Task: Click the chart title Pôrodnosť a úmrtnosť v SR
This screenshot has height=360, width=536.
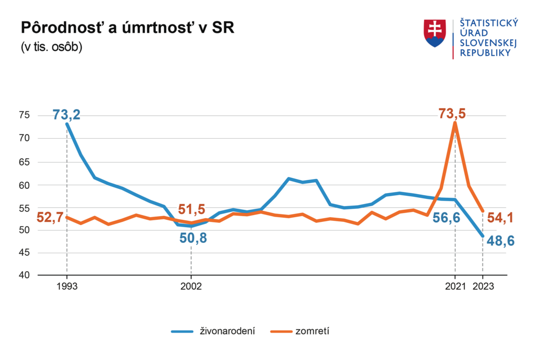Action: click(127, 28)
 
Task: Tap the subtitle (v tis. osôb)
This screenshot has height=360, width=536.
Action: click(51, 47)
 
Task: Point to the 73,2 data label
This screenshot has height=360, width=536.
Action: click(66, 115)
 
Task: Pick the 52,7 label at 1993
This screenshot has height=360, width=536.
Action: click(49, 217)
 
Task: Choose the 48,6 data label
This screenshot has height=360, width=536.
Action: click(501, 241)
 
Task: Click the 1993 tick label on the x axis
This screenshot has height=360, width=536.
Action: click(66, 287)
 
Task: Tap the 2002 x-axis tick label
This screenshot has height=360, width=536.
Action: click(191, 287)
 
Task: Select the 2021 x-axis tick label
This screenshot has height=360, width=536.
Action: click(455, 287)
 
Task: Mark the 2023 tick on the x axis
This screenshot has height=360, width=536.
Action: click(483, 287)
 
